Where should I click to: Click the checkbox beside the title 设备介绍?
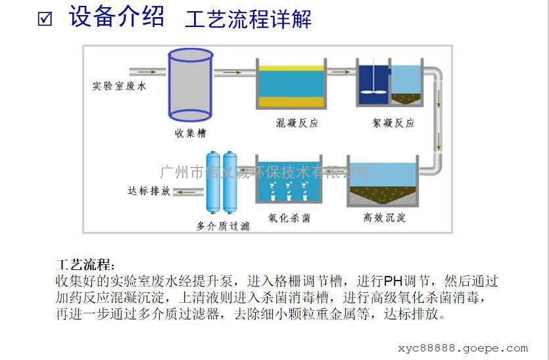pos(45,19)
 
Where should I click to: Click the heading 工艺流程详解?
pos(248,19)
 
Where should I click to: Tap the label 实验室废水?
pos(119,85)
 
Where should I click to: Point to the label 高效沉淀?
pos(385,217)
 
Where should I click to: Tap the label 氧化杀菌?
pos(289,218)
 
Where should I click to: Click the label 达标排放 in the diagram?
pos(149,191)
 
